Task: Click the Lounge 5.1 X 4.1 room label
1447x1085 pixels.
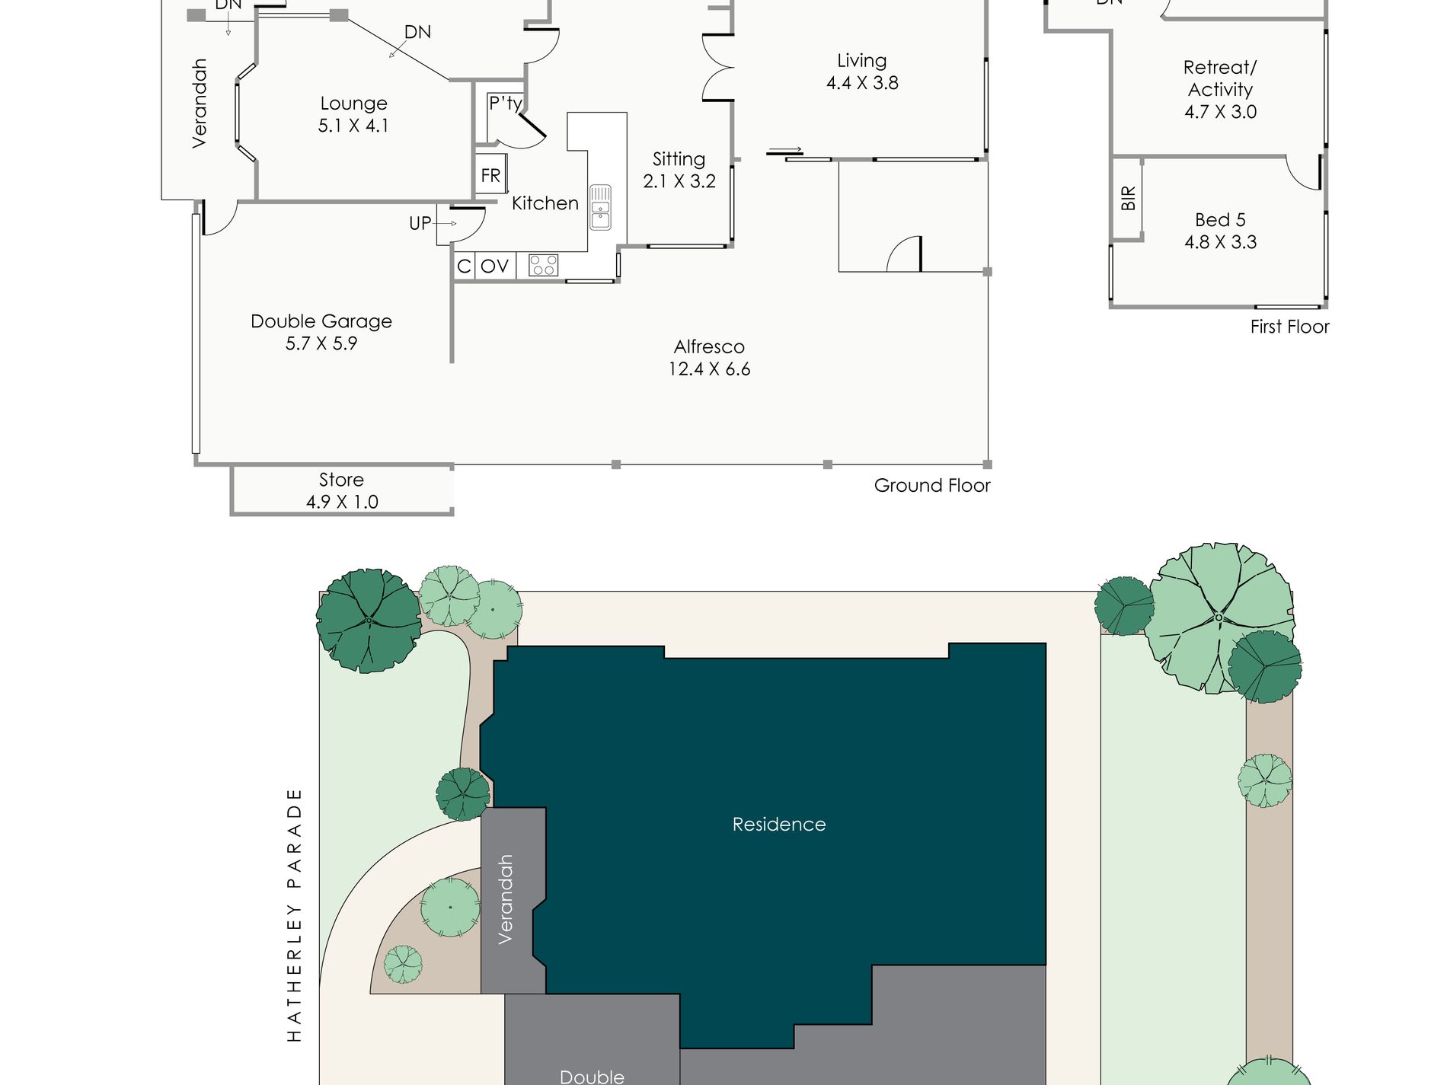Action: click(353, 114)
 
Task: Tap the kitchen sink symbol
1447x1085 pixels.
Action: click(600, 207)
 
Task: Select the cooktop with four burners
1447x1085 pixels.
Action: click(543, 265)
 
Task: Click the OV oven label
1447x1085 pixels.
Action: click(494, 266)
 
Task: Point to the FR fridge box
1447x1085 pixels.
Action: click(490, 176)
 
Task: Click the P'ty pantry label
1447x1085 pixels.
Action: click(505, 103)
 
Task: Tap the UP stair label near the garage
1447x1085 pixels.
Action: click(420, 223)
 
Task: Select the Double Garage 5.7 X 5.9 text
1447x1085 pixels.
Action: click(321, 332)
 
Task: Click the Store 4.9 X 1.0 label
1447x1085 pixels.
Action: click(342, 490)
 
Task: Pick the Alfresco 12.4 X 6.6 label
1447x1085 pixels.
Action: click(709, 358)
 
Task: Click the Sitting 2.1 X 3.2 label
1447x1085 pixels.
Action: click(679, 170)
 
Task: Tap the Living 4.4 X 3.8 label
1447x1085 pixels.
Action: click(862, 72)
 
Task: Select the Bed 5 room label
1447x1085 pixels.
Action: click(1220, 220)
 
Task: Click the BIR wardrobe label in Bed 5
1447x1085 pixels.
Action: click(1128, 198)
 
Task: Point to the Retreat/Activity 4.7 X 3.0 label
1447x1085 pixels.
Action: click(1220, 89)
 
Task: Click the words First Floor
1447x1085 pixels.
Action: click(1289, 327)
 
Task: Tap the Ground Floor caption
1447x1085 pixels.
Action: click(932, 485)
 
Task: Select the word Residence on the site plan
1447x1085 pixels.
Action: click(779, 824)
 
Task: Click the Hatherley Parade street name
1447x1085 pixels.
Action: click(294, 914)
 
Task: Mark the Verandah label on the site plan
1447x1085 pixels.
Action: click(505, 899)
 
